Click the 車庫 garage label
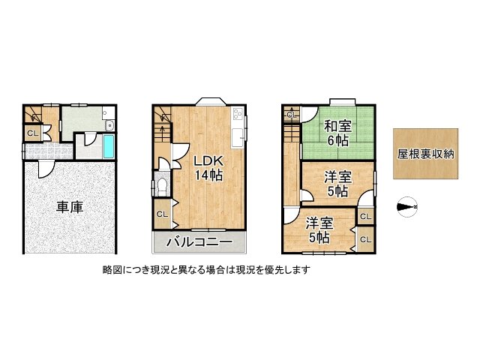(68, 208)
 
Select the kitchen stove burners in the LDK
(238, 115)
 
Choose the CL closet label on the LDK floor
(162, 214)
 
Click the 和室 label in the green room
(337, 126)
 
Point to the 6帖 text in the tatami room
(337, 140)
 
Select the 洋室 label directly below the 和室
(337, 177)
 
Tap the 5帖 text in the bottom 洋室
(319, 238)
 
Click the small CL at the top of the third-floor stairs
(290, 115)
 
